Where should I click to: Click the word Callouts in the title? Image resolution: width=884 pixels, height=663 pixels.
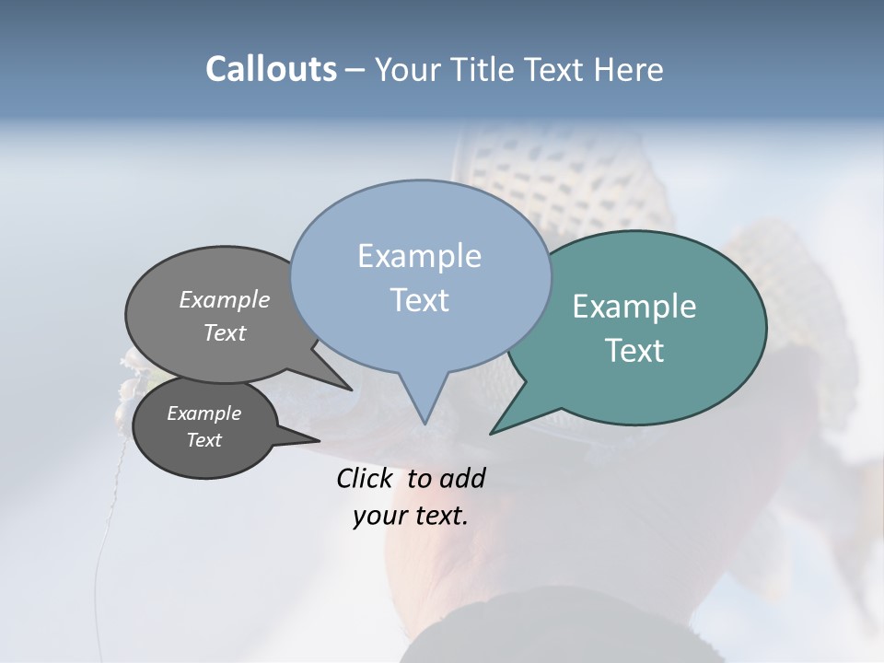pyautogui.click(x=271, y=69)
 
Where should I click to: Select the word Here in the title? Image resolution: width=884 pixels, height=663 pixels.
pyautogui.click(x=627, y=70)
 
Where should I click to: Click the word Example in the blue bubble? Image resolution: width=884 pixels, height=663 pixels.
pyautogui.click(x=419, y=256)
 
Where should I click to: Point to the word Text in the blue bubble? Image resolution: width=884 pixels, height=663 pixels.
pyautogui.click(x=419, y=300)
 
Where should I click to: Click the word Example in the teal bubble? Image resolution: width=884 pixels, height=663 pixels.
pyautogui.click(x=634, y=307)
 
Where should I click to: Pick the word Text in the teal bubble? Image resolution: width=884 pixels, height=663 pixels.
pyautogui.click(x=634, y=351)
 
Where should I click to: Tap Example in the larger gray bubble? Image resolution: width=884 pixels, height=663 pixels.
pyautogui.click(x=224, y=299)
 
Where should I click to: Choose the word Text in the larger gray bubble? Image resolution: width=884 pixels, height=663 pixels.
pyautogui.click(x=224, y=332)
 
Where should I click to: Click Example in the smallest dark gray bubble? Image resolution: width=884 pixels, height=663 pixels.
pyautogui.click(x=204, y=413)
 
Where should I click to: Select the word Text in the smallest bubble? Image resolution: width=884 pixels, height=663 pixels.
pyautogui.click(x=204, y=440)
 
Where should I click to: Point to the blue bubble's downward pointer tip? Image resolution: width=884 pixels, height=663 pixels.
pyautogui.click(x=425, y=424)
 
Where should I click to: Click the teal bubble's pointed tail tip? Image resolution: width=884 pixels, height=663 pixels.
pyautogui.click(x=491, y=433)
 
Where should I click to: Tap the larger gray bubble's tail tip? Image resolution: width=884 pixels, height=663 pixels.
pyautogui.click(x=351, y=390)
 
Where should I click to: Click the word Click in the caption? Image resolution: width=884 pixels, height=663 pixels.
pyautogui.click(x=366, y=478)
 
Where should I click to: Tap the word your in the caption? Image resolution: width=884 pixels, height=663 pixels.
pyautogui.click(x=379, y=516)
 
